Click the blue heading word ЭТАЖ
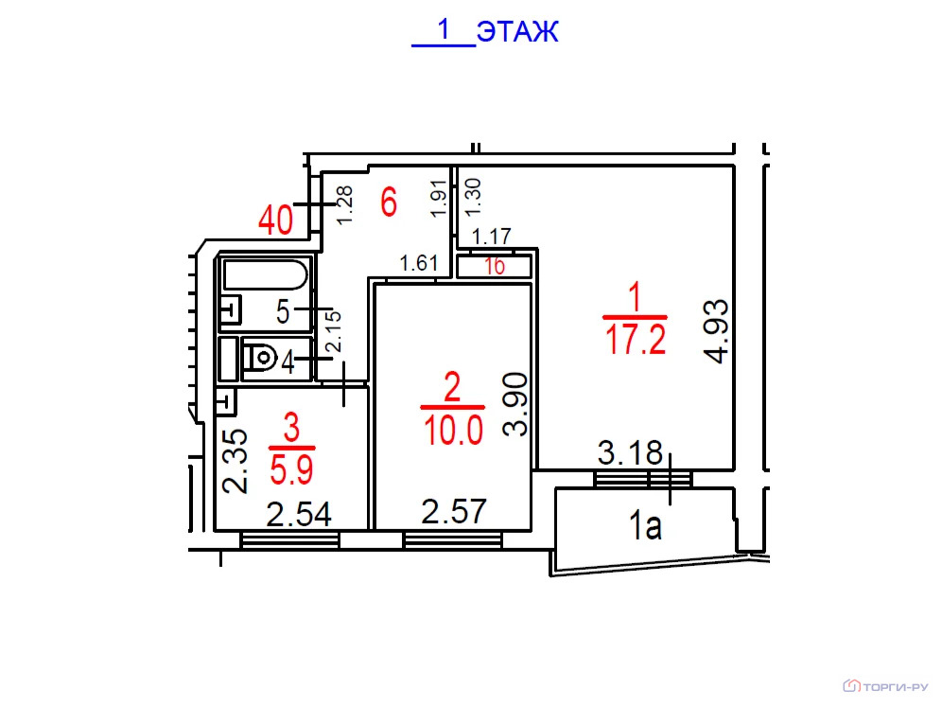[x=517, y=31]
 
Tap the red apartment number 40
[x=276, y=220]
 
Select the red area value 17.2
[x=636, y=339]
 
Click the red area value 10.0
[x=453, y=431]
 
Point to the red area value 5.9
[x=292, y=469]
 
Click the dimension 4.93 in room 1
[x=717, y=331]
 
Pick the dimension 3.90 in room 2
[x=515, y=404]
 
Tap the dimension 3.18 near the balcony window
[x=630, y=453]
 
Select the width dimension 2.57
[x=454, y=512]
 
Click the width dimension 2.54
[x=299, y=515]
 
